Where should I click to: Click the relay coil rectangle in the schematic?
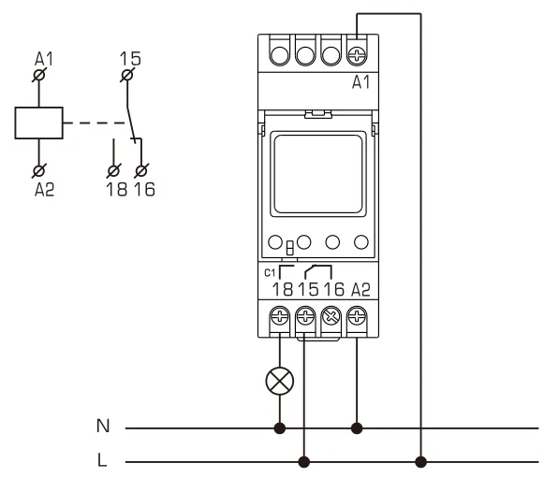pos(38,123)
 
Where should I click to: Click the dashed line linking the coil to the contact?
pos(94,123)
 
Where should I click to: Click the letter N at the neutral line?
pos(103,428)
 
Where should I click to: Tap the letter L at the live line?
pos(103,460)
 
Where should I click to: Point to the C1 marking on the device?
pos(270,272)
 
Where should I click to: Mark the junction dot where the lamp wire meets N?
pos(279,428)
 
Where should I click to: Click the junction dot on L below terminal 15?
pos(305,460)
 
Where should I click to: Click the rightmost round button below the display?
pos(360,241)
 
